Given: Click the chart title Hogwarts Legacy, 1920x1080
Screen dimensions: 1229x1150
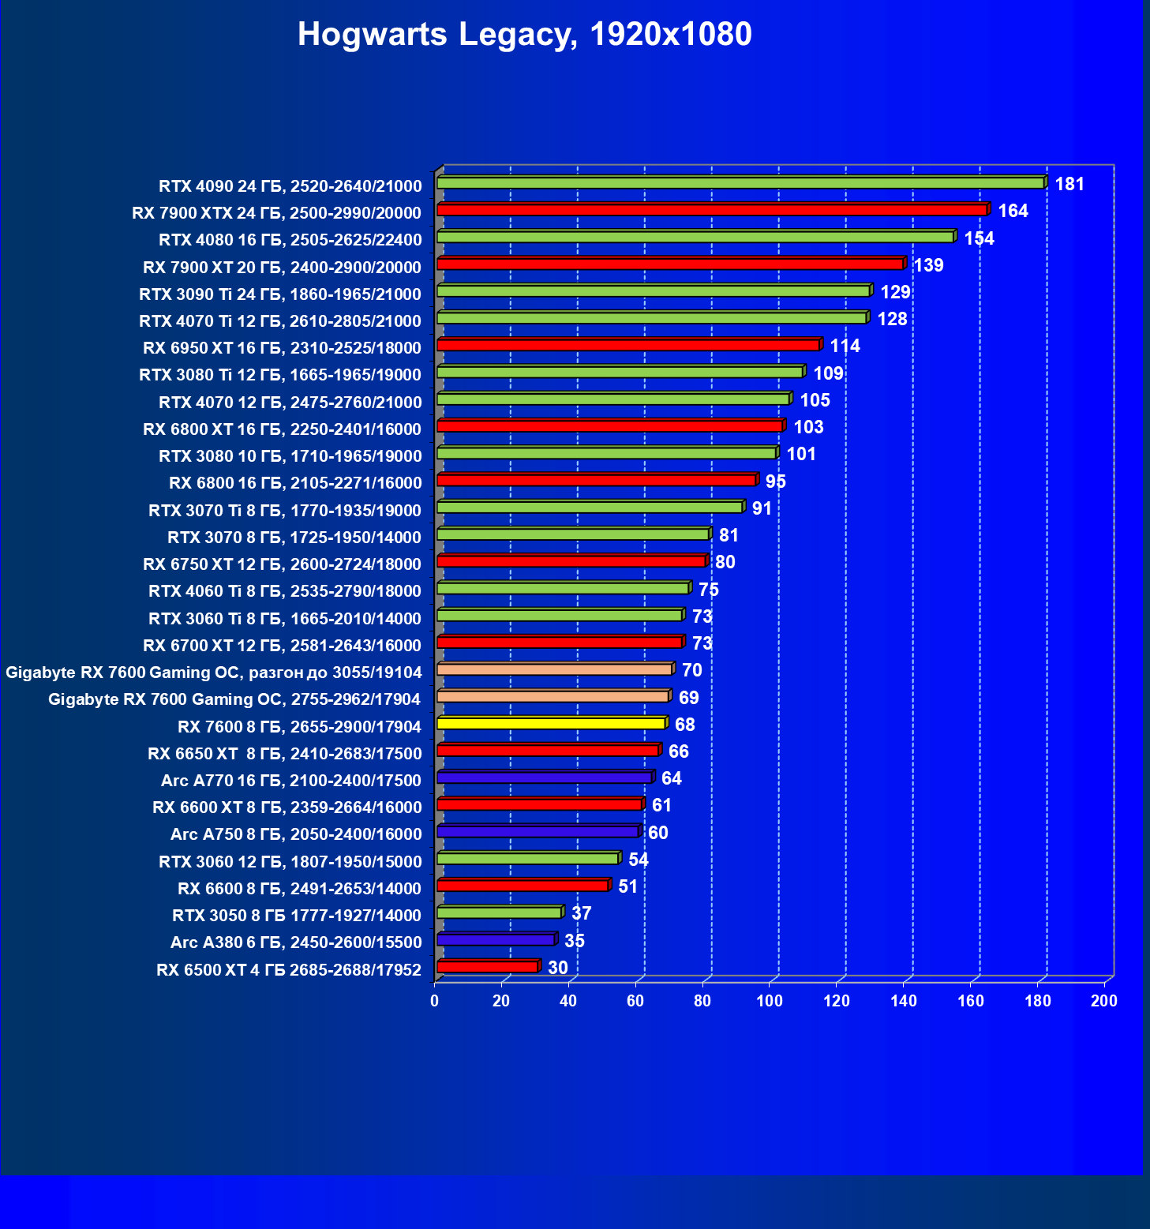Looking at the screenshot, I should click(x=524, y=35).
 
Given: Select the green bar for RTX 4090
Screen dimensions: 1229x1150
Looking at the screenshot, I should click(x=740, y=183).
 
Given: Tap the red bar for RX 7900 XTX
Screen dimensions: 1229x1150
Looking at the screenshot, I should click(x=712, y=210).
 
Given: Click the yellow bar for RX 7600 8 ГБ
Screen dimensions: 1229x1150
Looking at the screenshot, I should click(x=551, y=724).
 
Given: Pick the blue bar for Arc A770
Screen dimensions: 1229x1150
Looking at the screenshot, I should click(x=544, y=778).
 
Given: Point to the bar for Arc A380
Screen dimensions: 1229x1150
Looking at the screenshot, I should click(x=496, y=940).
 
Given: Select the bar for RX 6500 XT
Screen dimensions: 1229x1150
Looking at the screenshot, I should click(x=487, y=967).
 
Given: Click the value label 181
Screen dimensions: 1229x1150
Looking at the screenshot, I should click(x=1069, y=184).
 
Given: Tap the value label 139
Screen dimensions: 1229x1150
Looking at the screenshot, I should click(x=928, y=265).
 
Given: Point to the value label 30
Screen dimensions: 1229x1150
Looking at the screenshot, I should click(x=557, y=968).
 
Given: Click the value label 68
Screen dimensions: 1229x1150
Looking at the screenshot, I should click(x=684, y=725).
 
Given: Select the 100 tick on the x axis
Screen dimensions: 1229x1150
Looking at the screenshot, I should click(x=770, y=1001).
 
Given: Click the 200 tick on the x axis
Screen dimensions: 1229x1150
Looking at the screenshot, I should click(x=1103, y=1001).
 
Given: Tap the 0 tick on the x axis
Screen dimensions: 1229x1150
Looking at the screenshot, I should click(x=435, y=1001).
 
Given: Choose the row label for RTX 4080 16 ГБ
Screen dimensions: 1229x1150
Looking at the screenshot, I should click(x=290, y=240).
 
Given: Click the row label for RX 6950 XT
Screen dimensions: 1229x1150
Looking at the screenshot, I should click(x=282, y=348).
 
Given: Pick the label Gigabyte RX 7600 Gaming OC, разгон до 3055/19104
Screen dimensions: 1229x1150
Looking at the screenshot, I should click(x=214, y=673).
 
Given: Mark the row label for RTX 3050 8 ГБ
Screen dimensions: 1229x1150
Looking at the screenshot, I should click(x=297, y=916).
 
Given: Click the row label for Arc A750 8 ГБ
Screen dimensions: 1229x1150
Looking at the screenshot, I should click(x=296, y=834).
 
